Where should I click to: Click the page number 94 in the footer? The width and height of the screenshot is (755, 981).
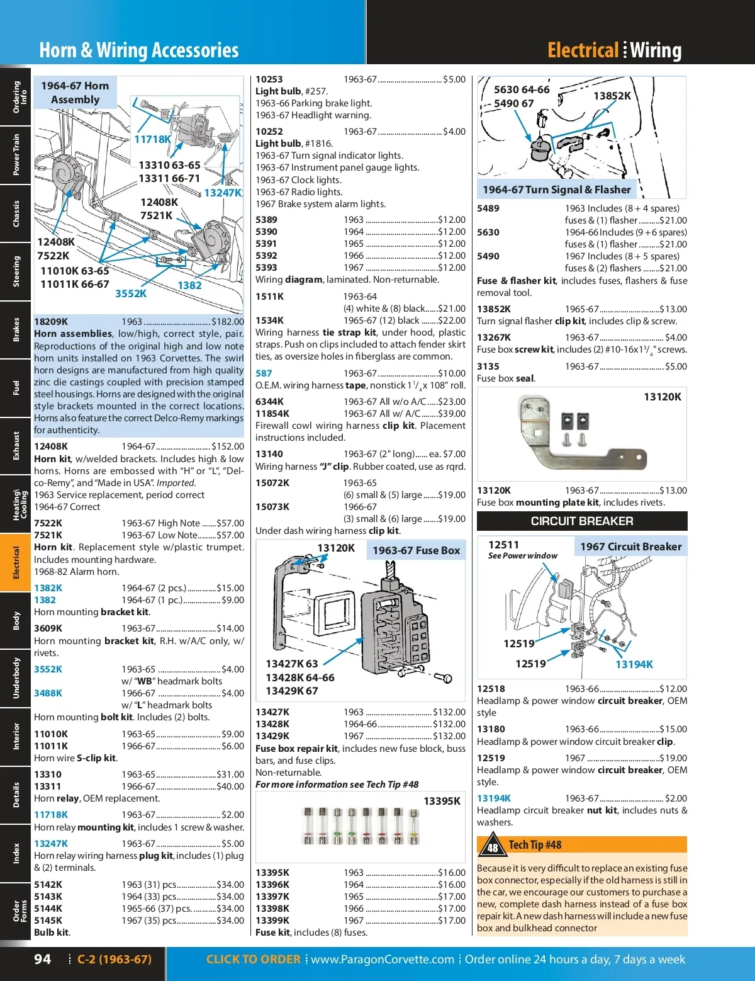43,959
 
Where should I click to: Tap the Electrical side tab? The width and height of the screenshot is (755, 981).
16,562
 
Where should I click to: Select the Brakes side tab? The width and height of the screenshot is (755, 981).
16,330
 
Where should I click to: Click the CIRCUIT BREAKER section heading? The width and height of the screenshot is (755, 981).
582,521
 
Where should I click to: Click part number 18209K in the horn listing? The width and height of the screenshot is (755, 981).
51,322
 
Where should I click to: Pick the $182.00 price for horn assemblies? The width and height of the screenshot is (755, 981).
228,322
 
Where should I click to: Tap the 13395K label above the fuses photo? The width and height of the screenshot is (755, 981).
442,801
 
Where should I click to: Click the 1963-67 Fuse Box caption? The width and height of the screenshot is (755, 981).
416,550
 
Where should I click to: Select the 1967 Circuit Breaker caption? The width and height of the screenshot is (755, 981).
630,547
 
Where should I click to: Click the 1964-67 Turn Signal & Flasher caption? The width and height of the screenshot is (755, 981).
556,190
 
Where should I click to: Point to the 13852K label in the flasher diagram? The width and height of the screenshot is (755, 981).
612,96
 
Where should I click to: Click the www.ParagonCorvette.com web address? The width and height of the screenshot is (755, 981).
383,959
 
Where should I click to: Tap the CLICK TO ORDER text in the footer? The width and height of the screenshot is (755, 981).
253,959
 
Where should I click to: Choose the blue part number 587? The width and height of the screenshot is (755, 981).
264,373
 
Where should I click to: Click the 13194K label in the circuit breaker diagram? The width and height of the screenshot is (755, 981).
634,664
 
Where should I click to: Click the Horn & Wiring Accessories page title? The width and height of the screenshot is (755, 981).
139,50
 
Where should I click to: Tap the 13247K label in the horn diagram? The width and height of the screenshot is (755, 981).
223,193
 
